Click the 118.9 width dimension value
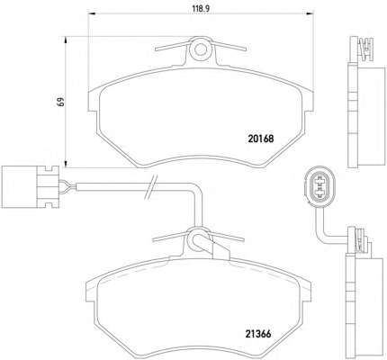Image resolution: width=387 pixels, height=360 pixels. point(201,8)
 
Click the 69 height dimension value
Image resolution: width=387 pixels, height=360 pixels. point(61,102)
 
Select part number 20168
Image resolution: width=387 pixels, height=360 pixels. point(261,139)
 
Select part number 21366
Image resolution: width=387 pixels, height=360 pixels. point(258,334)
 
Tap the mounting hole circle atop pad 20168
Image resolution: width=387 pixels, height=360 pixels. point(201,49)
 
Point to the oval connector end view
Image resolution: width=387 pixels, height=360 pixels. point(319,186)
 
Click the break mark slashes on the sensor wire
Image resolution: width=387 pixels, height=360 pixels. point(150,187)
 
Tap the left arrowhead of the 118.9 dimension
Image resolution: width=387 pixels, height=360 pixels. point(93,13)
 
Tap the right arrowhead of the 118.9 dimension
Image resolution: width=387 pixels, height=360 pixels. point(310,13)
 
